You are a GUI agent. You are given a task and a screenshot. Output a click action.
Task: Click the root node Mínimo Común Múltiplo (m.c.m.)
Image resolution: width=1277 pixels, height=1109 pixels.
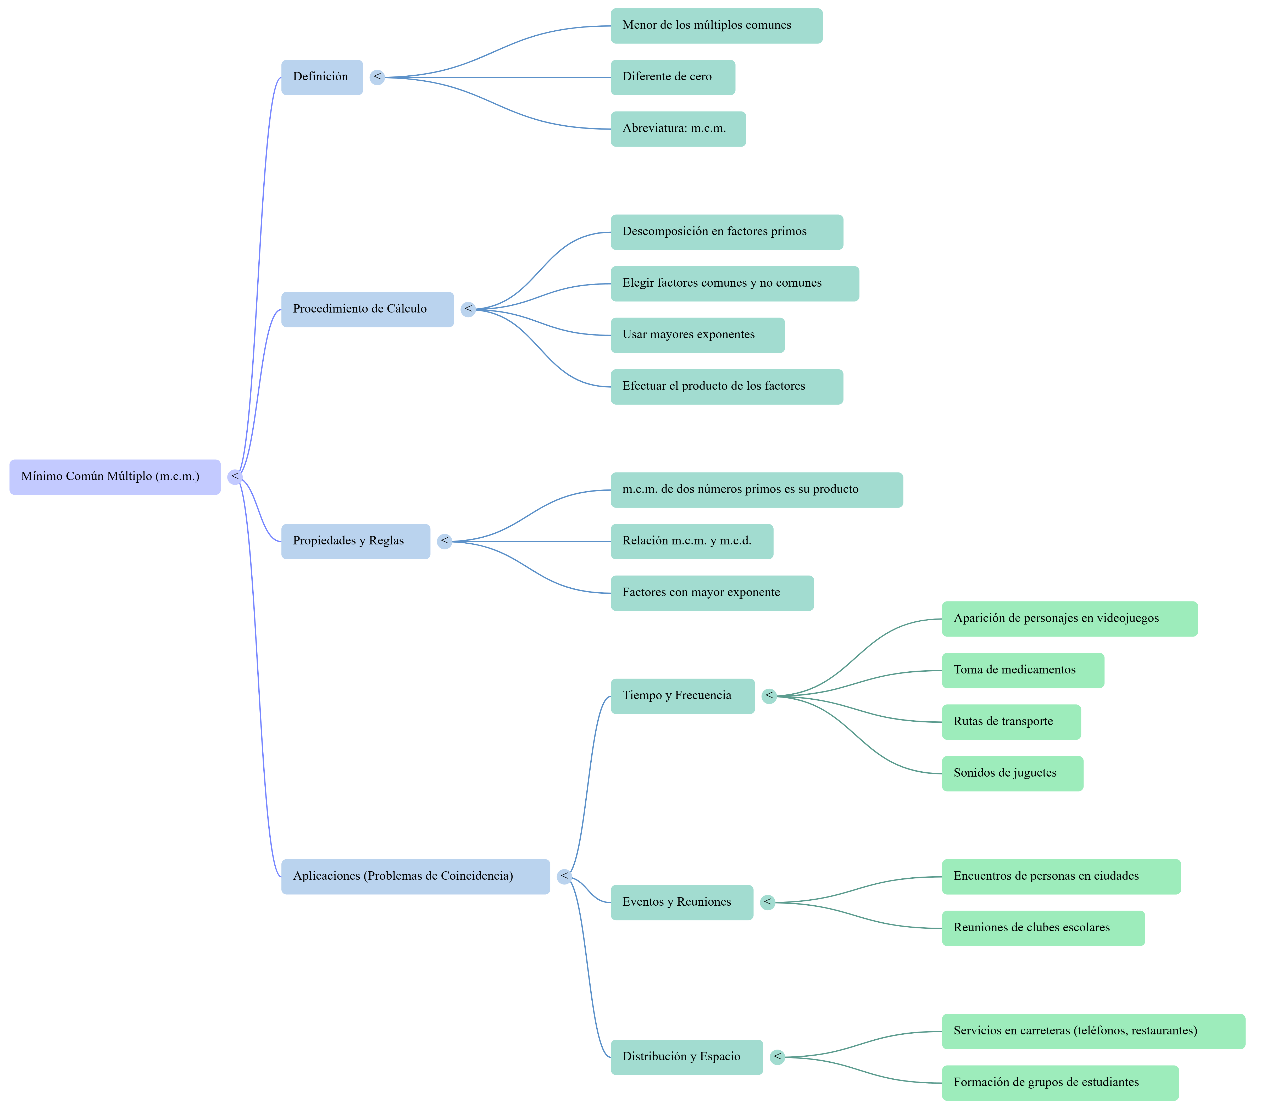point(114,477)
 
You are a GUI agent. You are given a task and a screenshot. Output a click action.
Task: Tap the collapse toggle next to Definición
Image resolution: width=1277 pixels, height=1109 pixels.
point(377,77)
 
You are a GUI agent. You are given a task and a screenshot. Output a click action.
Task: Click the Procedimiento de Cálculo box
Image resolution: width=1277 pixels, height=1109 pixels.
point(367,309)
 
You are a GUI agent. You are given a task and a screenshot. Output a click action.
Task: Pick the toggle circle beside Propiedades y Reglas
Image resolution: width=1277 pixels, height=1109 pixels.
point(445,542)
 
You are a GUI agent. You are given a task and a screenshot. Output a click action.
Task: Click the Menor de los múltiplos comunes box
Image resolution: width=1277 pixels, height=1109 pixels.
point(716,26)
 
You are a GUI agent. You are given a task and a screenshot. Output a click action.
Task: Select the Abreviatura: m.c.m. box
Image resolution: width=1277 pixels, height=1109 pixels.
point(678,129)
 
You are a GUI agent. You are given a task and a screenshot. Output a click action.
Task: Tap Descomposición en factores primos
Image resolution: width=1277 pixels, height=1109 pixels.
point(727,232)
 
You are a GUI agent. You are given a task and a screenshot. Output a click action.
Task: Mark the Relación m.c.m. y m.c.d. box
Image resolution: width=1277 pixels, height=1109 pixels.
point(691,542)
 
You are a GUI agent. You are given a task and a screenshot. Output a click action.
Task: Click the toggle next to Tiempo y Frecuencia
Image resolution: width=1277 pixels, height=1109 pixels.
point(769,696)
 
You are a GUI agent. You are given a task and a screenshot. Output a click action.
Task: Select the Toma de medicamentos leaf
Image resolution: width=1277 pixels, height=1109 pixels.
point(1023,670)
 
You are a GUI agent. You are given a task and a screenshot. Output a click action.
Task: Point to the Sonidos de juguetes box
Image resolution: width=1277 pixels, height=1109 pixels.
point(1012,773)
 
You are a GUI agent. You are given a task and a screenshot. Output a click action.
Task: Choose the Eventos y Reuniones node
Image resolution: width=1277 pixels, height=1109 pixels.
point(681,902)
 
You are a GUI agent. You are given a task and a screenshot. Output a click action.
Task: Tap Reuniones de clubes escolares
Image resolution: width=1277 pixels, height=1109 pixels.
point(1043,928)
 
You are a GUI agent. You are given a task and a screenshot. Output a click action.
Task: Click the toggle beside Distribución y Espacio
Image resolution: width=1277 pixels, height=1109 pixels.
point(778,1057)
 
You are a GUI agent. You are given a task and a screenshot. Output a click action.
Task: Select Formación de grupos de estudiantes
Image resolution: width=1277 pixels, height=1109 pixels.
point(1060,1083)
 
